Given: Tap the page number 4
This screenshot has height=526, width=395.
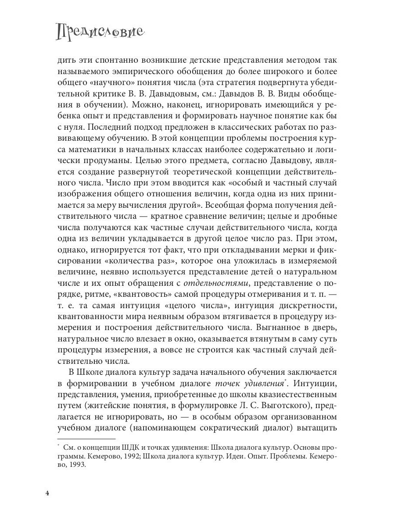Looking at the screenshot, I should pos(47,493).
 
